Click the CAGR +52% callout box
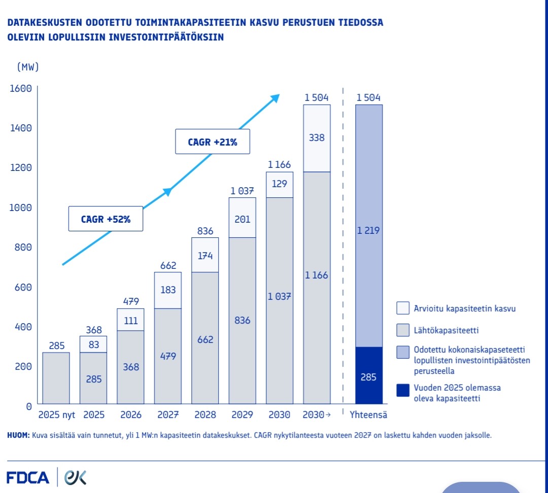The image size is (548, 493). [x=106, y=220]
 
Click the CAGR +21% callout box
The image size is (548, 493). [x=213, y=142]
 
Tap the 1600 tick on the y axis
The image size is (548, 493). [x=21, y=88]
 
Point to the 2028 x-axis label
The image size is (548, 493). [x=205, y=415]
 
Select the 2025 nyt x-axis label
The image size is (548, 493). [x=57, y=415]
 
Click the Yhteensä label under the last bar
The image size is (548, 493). [x=368, y=415]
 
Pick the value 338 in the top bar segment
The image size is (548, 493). [x=317, y=137]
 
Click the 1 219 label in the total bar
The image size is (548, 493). [x=368, y=230]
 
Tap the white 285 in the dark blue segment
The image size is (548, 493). [x=368, y=377]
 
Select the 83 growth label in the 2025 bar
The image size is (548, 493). [x=94, y=344]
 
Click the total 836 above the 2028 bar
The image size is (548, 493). [x=205, y=231]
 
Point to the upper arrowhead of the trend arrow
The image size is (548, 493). [x=276, y=97]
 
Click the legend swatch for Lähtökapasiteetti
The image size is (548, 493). [x=403, y=331]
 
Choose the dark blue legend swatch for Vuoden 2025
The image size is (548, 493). [x=403, y=390]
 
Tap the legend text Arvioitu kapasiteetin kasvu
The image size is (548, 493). [x=465, y=308]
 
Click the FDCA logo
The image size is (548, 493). [x=28, y=477]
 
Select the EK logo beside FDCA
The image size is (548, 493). [x=75, y=477]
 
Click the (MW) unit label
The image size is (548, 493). [x=28, y=67]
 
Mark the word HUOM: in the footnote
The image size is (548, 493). [x=19, y=435]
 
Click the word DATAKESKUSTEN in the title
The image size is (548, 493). [x=45, y=23]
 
